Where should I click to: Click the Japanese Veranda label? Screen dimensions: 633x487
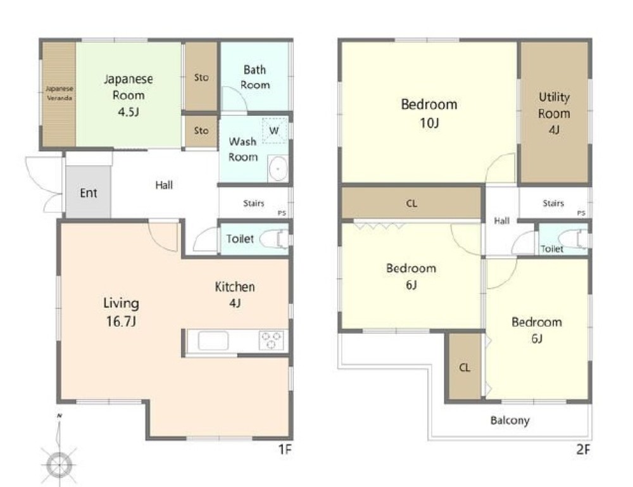pyautogui.click(x=60, y=93)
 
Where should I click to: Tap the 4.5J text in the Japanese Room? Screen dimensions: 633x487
pyautogui.click(x=128, y=112)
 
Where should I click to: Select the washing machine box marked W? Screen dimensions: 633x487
pyautogui.click(x=275, y=130)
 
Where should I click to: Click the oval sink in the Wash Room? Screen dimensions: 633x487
pyautogui.click(x=278, y=168)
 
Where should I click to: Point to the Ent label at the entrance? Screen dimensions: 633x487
pyautogui.click(x=89, y=193)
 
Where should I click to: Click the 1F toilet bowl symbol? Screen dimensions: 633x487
pyautogui.click(x=275, y=239)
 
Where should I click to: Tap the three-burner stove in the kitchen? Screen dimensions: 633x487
pyautogui.click(x=272, y=340)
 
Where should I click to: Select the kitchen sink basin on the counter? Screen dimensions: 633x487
pyautogui.click(x=213, y=340)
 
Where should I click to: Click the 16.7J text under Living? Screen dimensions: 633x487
pyautogui.click(x=121, y=322)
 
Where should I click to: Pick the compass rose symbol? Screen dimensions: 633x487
pyautogui.click(x=60, y=464)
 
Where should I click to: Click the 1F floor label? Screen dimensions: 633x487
pyautogui.click(x=285, y=450)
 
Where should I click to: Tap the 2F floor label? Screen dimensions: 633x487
pyautogui.click(x=583, y=450)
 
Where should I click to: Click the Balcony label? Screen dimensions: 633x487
pyautogui.click(x=510, y=421)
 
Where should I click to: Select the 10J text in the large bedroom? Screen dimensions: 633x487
pyautogui.click(x=429, y=122)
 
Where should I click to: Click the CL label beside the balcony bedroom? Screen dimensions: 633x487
pyautogui.click(x=465, y=367)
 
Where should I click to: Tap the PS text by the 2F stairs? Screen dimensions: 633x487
pyautogui.click(x=581, y=213)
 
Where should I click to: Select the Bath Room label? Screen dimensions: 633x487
pyautogui.click(x=254, y=77)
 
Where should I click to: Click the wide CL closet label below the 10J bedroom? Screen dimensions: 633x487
pyautogui.click(x=411, y=203)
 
